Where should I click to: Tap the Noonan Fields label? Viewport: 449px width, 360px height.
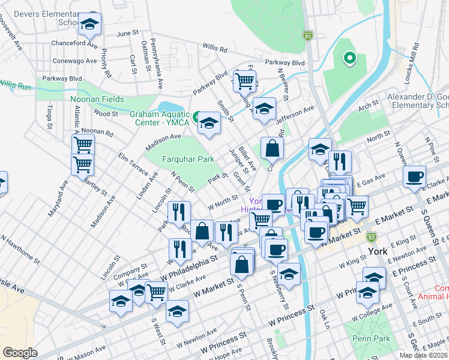97,100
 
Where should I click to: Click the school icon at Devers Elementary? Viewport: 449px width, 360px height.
89,25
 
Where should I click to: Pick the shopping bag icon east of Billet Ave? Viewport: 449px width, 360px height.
273,147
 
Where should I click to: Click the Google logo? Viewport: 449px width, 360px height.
20,353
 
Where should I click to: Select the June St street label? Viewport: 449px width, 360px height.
127,34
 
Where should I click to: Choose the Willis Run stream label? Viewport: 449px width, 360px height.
14,85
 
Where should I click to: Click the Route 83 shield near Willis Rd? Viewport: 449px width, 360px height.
307,35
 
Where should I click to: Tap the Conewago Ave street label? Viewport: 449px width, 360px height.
75,61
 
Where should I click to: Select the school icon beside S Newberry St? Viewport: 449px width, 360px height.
289,274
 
